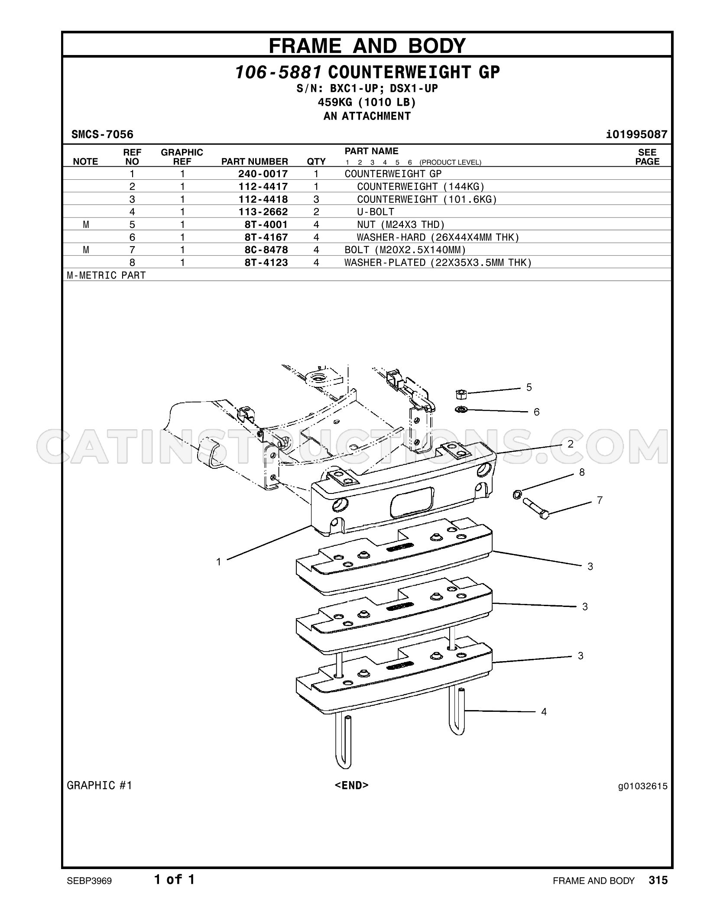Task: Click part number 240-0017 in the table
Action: click(x=263, y=174)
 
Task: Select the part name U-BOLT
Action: click(x=376, y=212)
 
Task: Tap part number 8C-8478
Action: click(x=266, y=250)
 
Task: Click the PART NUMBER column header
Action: click(x=255, y=162)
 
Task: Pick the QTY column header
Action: click(x=316, y=162)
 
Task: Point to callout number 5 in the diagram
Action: click(x=529, y=387)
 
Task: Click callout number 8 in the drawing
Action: click(x=582, y=472)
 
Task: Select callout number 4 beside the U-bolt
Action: click(x=544, y=712)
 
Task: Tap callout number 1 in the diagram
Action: click(x=219, y=562)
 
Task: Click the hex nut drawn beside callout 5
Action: click(x=461, y=394)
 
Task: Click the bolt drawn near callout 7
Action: click(x=536, y=509)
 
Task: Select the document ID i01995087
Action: click(x=637, y=134)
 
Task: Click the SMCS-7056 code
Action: click(x=102, y=134)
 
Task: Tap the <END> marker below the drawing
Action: click(x=352, y=785)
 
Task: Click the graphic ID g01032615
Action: click(x=643, y=786)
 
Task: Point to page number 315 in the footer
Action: click(x=658, y=880)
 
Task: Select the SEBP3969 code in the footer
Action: click(x=89, y=881)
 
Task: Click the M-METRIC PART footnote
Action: click(x=106, y=275)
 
